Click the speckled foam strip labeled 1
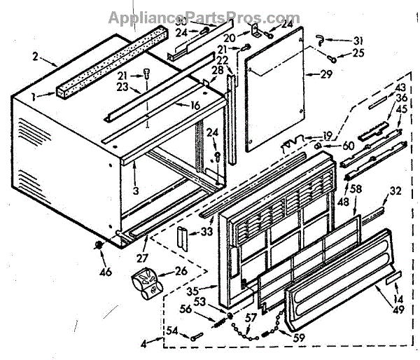click(x=112, y=56)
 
